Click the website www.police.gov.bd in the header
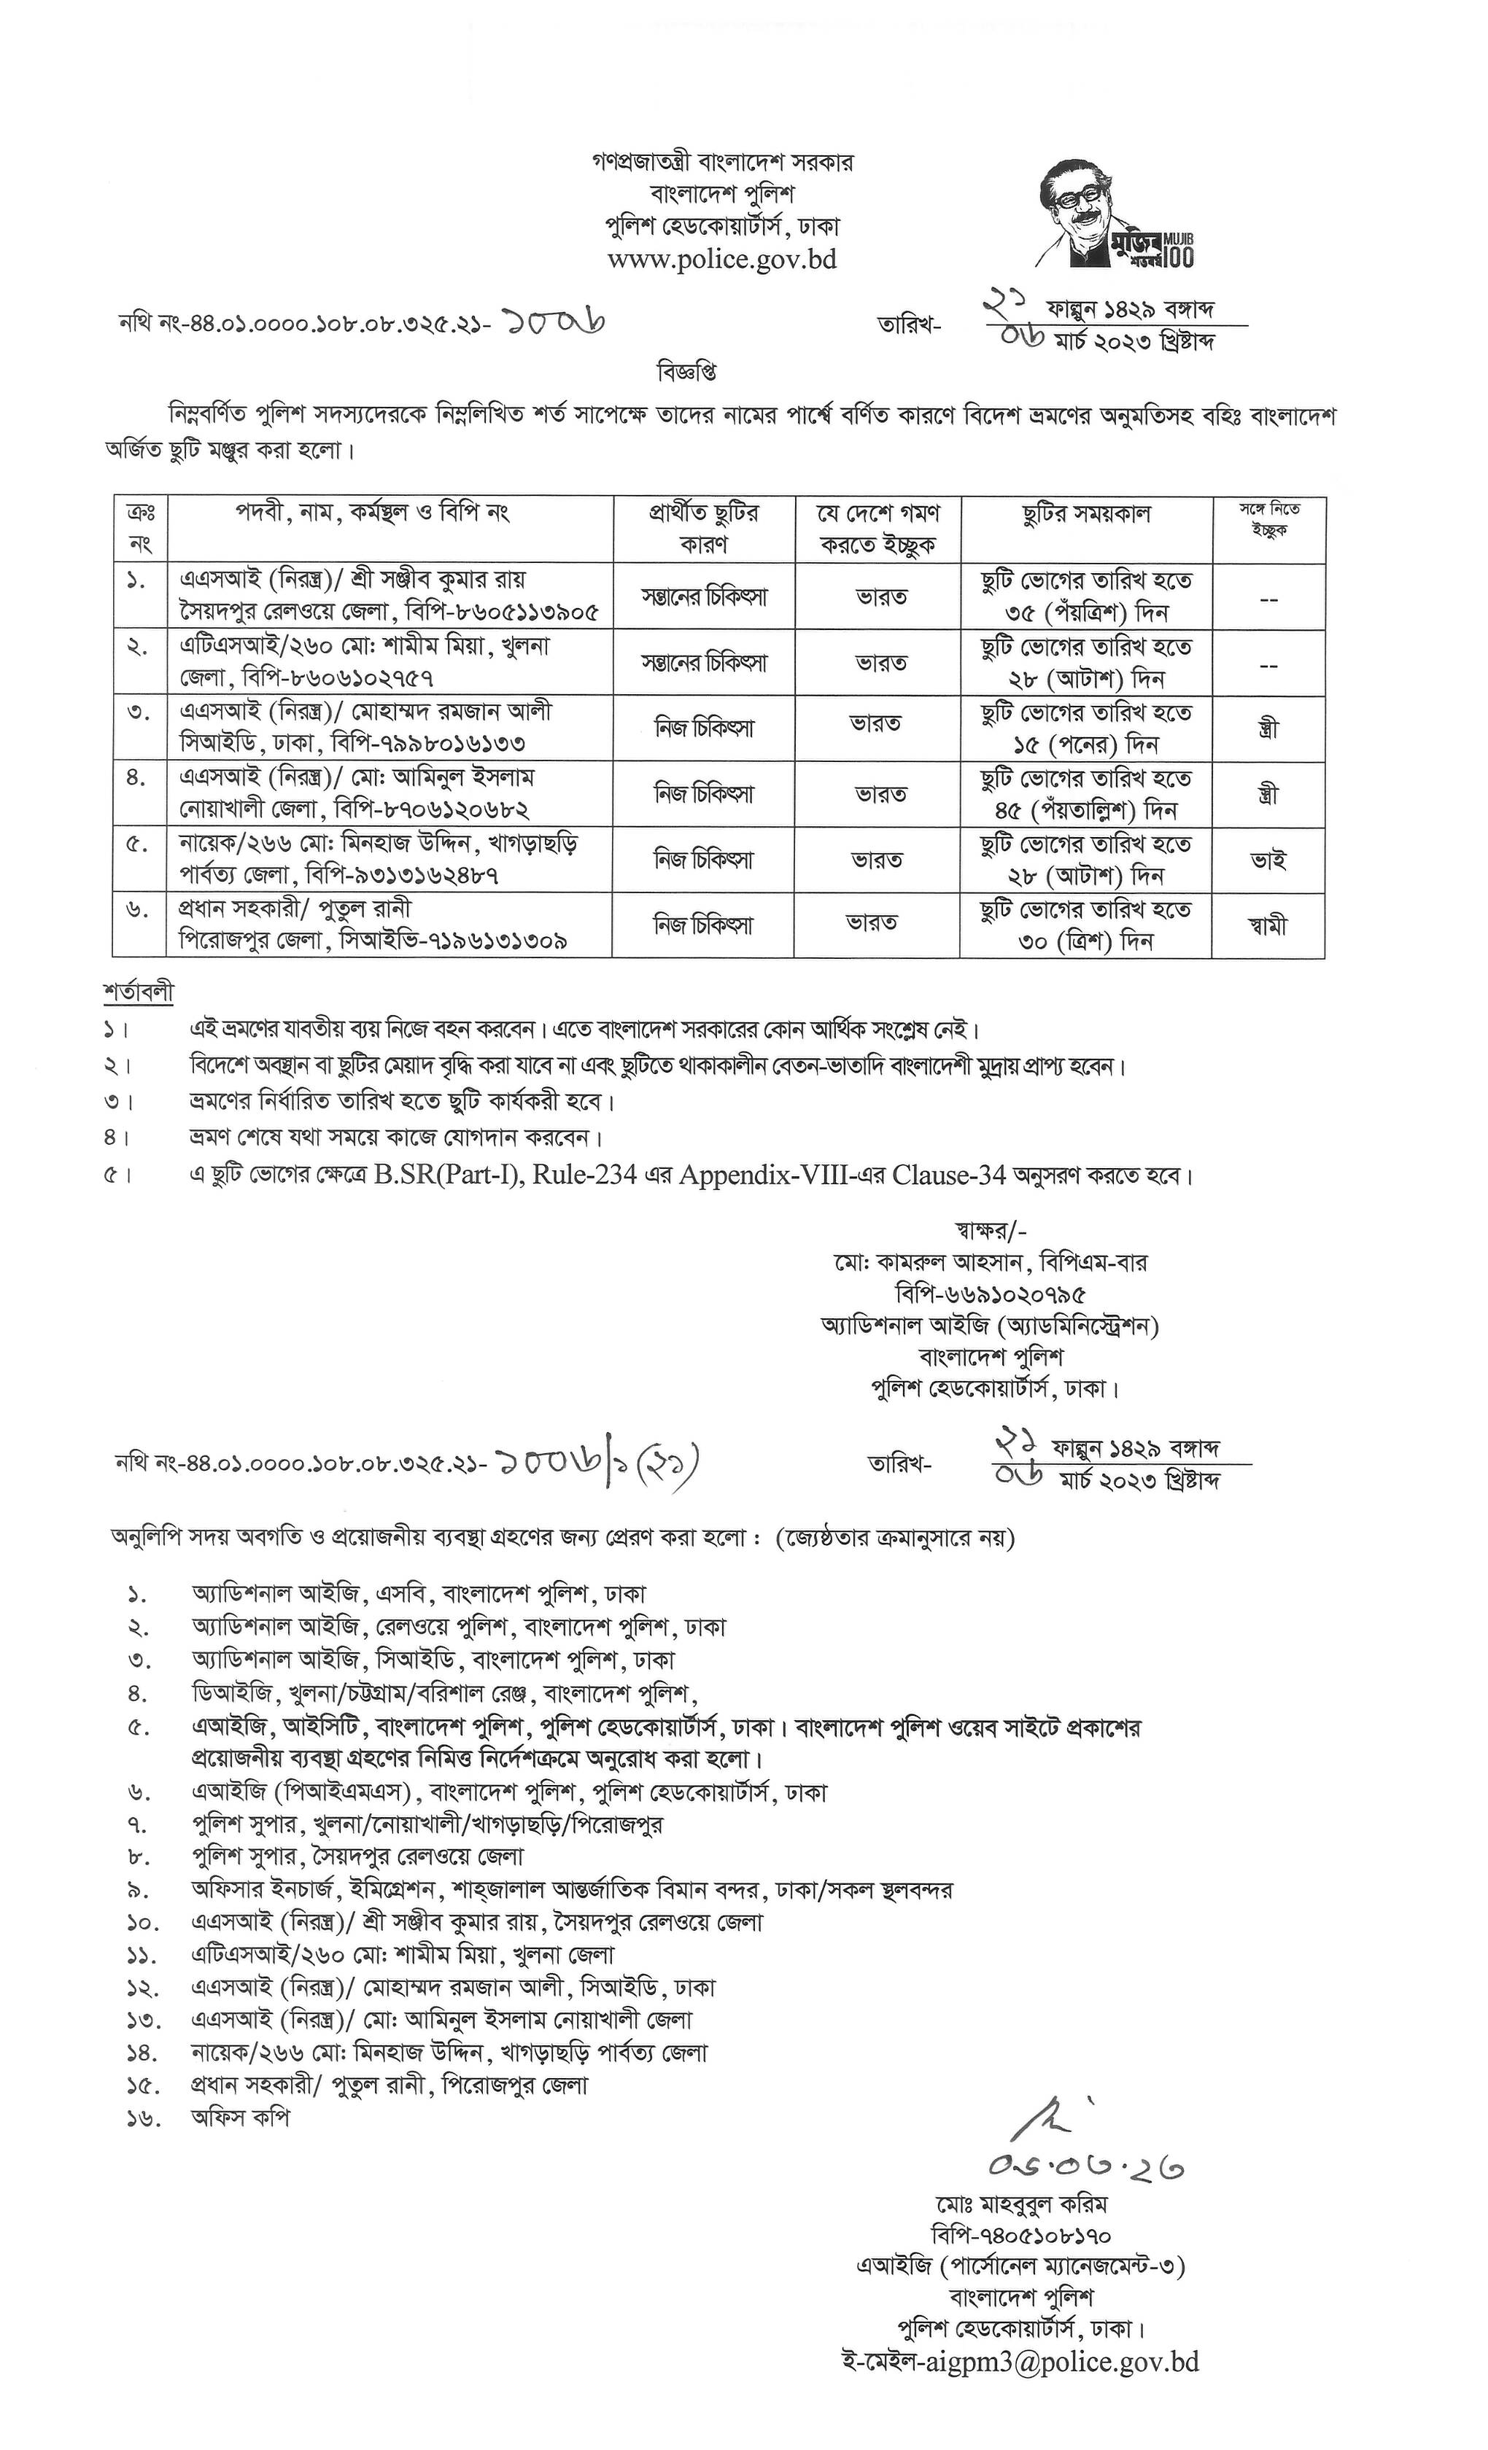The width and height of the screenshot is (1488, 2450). (722, 260)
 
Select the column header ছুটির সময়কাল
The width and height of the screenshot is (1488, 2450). (1085, 514)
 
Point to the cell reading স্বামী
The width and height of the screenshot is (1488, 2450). (1267, 926)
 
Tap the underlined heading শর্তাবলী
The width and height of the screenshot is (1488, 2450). (139, 992)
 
